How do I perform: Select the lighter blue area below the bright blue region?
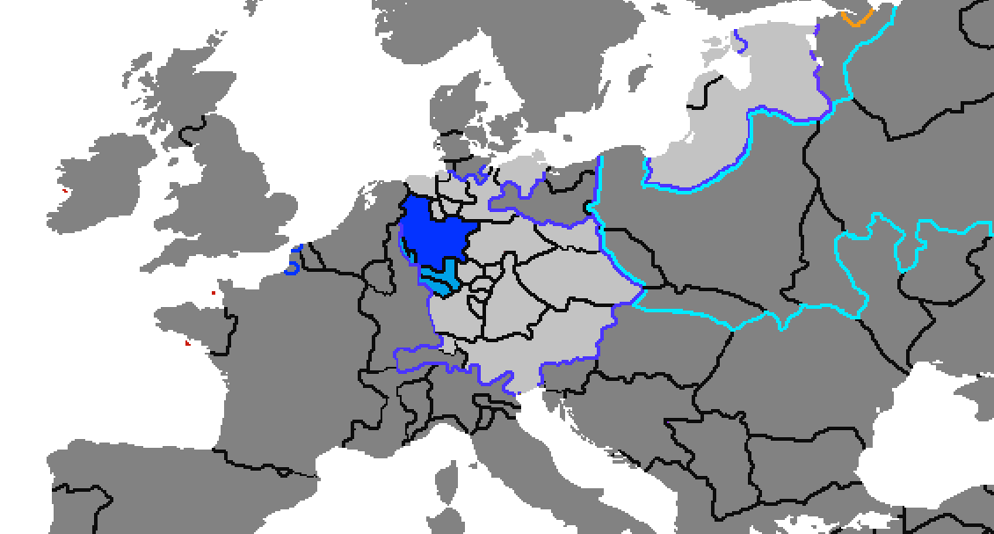coord(439,281)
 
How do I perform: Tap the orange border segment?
coord(856,18)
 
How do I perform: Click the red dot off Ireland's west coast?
coord(65,190)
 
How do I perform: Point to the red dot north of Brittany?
coord(214,292)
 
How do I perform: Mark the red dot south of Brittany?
coord(187,343)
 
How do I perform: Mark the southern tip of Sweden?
coord(527,114)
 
